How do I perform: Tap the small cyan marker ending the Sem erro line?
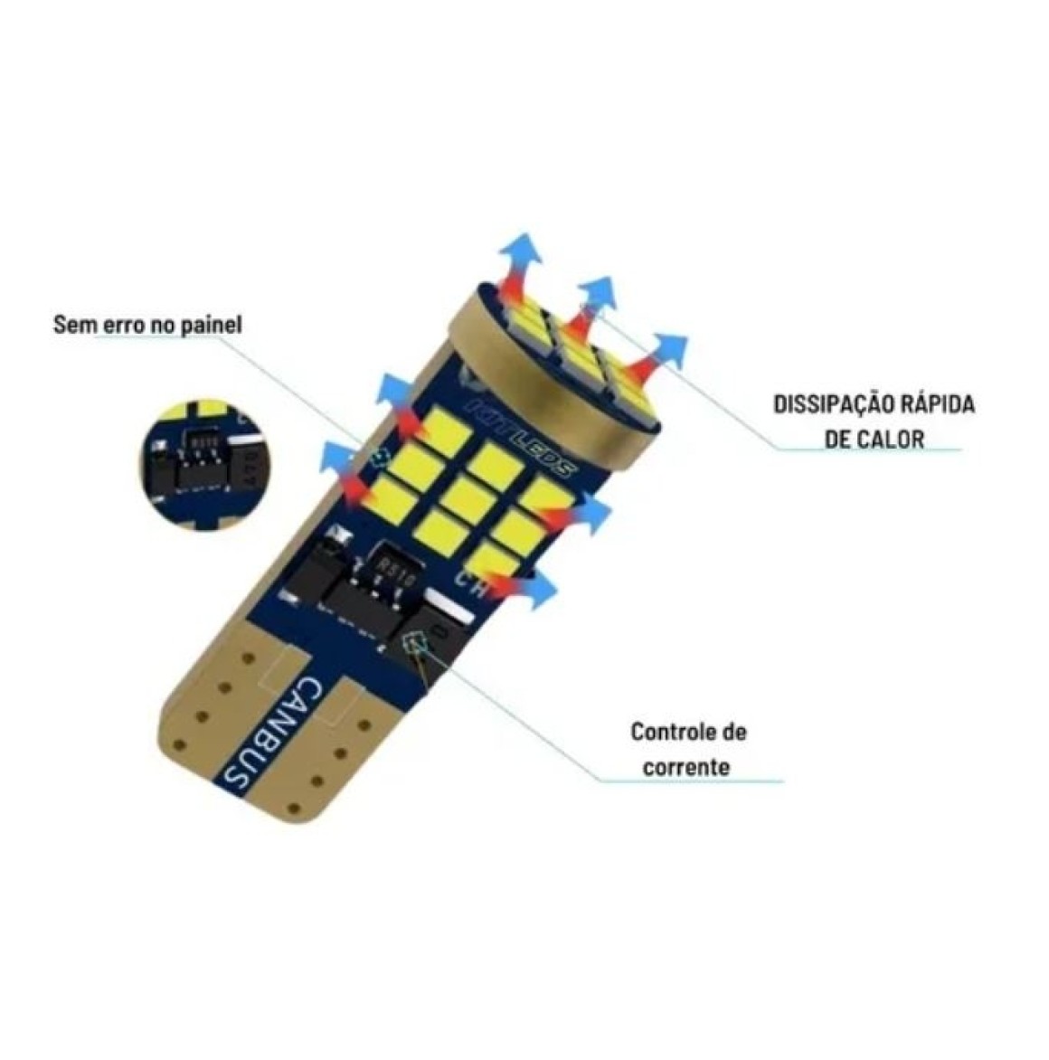[378, 457]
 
